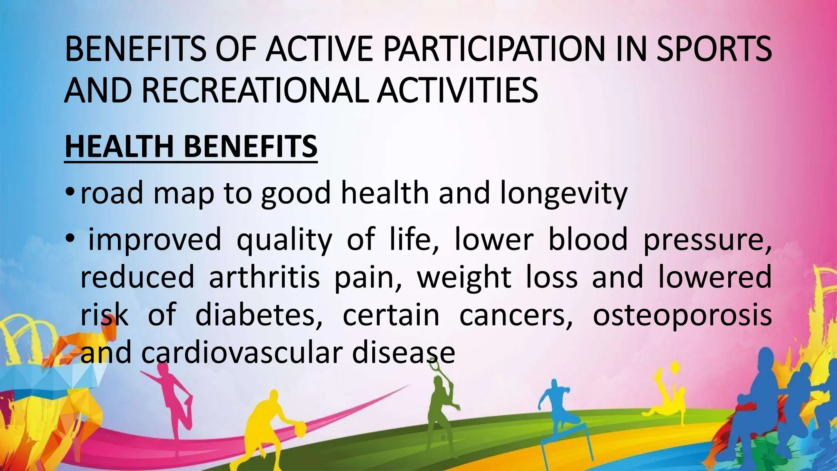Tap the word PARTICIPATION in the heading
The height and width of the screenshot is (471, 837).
tap(495, 49)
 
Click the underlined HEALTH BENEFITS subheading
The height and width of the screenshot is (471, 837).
tap(191, 147)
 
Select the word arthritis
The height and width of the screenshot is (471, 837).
tap(264, 278)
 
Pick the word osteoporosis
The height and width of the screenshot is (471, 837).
tap(682, 315)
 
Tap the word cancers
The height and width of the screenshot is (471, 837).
tap(515, 315)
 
